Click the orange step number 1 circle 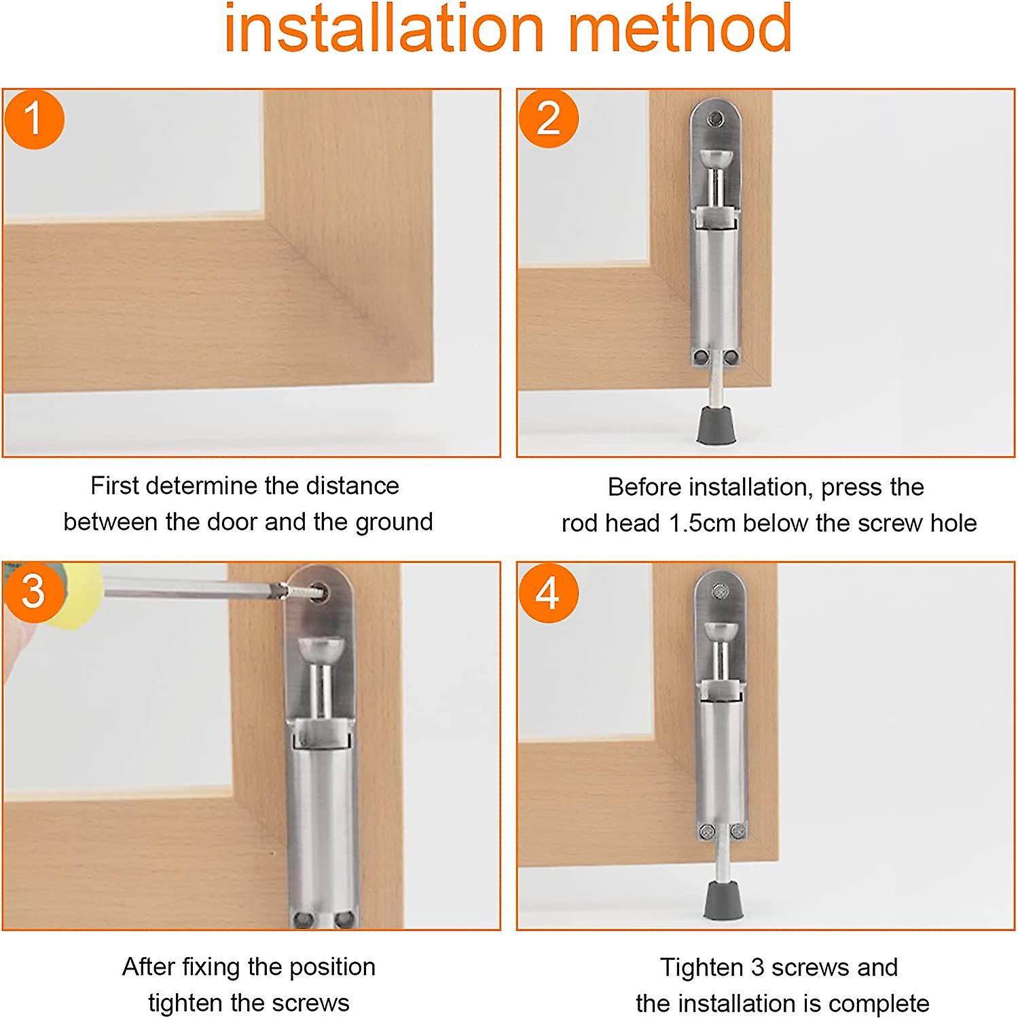[x=34, y=119]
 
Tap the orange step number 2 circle [x=548, y=119]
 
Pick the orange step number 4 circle [x=548, y=593]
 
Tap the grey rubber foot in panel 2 [x=716, y=425]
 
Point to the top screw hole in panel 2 [x=714, y=120]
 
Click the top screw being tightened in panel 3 [x=316, y=593]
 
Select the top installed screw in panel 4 [x=720, y=592]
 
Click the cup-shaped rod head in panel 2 [x=715, y=161]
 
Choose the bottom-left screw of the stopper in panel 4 [x=707, y=831]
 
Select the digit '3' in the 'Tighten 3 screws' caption [x=758, y=967]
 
